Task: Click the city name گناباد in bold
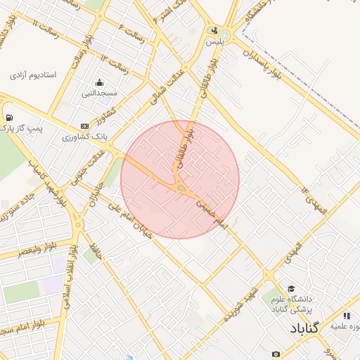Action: tap(303, 328)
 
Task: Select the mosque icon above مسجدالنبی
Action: tap(99, 82)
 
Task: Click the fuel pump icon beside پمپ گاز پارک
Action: tap(8, 117)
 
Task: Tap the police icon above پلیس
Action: tap(214, 31)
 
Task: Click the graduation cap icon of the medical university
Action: tap(291, 289)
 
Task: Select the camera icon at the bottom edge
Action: tap(276, 354)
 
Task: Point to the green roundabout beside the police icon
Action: tap(224, 34)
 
